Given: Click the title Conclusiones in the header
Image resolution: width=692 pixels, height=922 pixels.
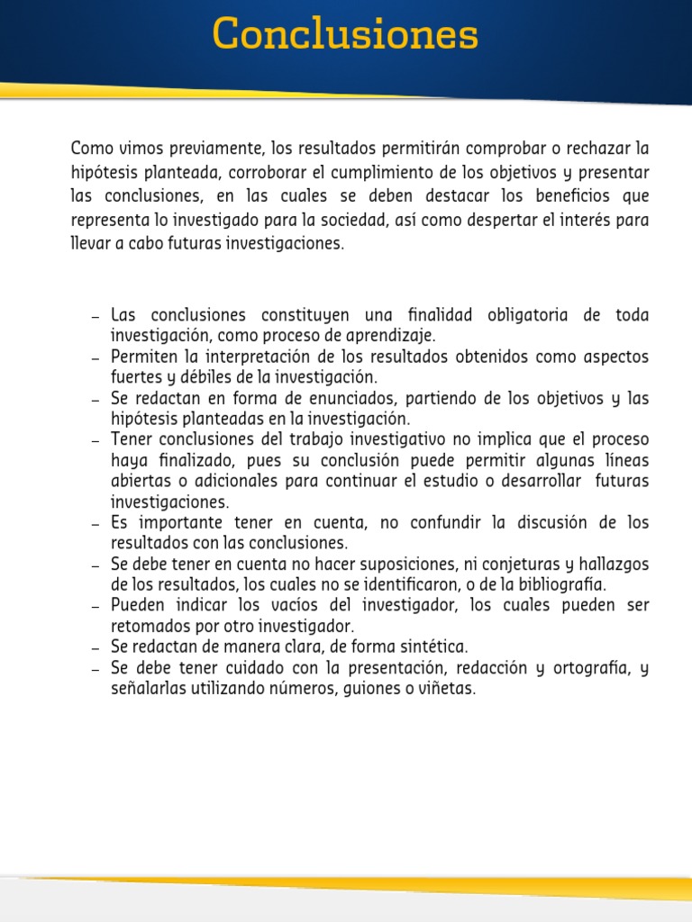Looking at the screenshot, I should coord(346,36).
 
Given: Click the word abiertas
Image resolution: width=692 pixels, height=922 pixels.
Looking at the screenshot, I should coord(138,482).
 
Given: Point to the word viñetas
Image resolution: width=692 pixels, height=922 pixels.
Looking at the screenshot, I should coord(442,689).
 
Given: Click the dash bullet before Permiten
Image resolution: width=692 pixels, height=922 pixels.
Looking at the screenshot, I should coord(96,357).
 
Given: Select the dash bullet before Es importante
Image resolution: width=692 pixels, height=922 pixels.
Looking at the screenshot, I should coord(96,524).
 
